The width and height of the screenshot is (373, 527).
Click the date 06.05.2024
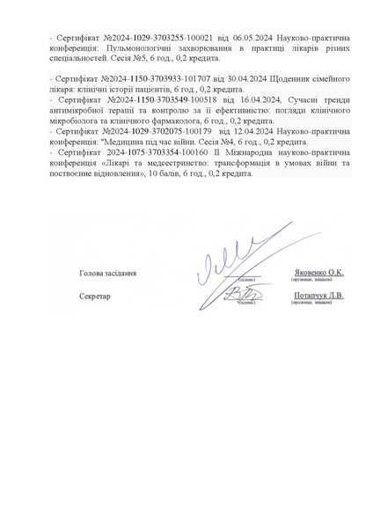(225, 39)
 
